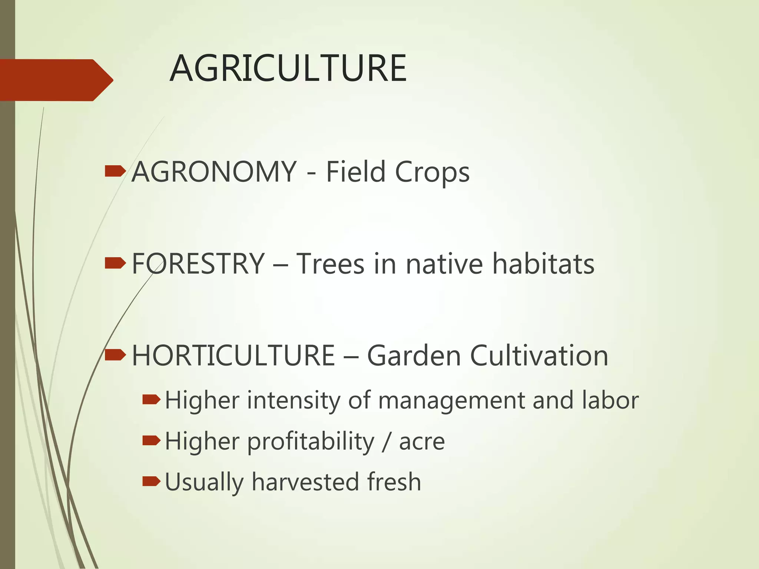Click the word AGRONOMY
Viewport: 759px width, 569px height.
tap(214, 172)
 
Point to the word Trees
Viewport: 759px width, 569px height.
tap(330, 264)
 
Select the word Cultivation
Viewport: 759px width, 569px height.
tap(539, 356)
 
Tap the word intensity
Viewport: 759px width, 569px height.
tap(294, 401)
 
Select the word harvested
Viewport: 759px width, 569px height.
tap(305, 482)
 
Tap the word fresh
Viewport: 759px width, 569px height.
tap(394, 482)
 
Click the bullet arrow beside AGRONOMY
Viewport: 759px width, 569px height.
tap(115, 172)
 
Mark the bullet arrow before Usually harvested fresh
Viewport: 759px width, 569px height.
tap(151, 482)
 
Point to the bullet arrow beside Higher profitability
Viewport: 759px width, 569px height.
tap(151, 441)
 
